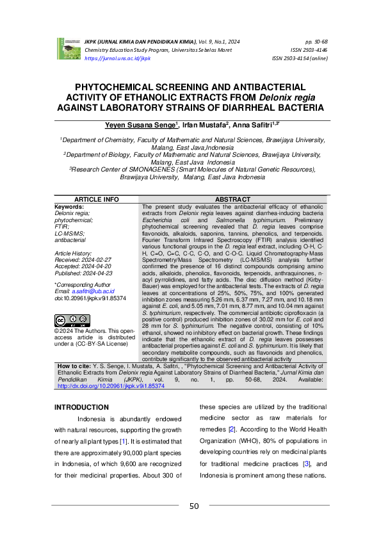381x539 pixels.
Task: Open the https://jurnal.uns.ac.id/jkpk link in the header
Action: click(x=117, y=58)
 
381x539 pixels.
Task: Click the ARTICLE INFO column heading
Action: click(x=97, y=200)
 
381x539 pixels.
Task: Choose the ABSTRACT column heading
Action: click(x=232, y=200)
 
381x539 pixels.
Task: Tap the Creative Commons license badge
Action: click(x=72, y=320)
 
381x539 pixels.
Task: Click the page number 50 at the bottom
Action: click(x=194, y=507)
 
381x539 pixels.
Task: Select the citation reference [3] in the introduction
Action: click(x=307, y=464)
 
